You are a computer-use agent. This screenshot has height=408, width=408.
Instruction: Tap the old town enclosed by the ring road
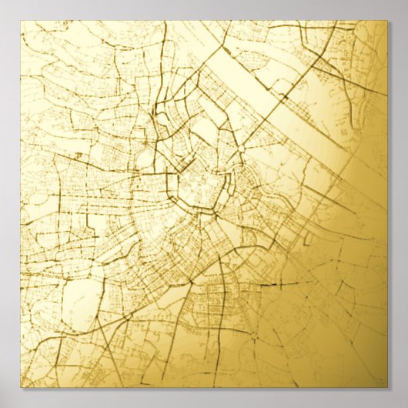202,189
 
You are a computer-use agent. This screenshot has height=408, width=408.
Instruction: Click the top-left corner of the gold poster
21,21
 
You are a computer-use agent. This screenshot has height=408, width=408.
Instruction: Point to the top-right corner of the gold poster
387,21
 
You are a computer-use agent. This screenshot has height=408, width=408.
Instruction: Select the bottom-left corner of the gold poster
21,386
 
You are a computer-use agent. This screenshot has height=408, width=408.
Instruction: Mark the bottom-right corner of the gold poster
387,386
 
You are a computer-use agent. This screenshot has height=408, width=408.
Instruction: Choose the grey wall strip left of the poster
9,204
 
